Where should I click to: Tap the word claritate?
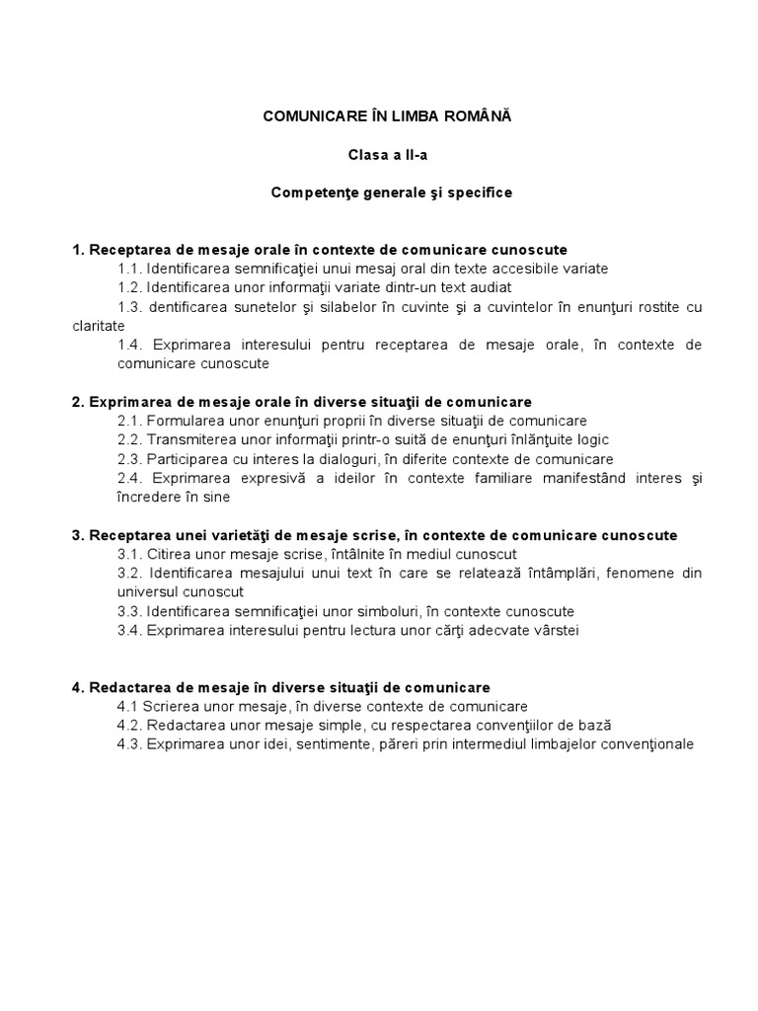[x=99, y=325]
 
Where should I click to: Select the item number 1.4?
[x=130, y=345]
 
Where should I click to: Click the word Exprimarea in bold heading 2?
[x=128, y=402]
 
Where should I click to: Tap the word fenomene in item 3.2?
[x=633, y=573]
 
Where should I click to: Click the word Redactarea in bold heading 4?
[x=128, y=687]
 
